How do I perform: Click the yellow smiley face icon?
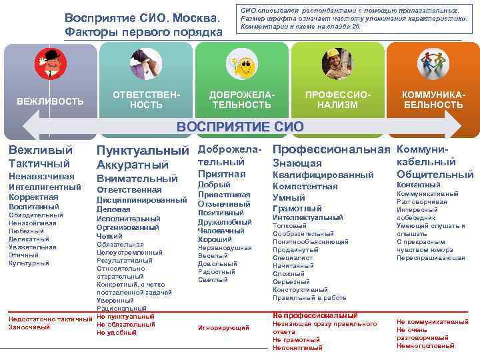241,65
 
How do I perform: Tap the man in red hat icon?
51,64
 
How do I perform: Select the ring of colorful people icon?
433,63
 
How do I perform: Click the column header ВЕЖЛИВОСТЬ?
50,101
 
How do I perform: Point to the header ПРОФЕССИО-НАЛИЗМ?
337,100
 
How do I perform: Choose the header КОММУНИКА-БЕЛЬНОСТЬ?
433,100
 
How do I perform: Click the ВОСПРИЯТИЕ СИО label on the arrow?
239,127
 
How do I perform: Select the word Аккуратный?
133,165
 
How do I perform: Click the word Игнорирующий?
223,327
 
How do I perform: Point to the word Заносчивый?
29,327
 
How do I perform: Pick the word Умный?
289,197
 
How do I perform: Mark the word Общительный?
435,174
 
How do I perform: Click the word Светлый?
213,280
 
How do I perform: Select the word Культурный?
29,263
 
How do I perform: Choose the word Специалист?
293,258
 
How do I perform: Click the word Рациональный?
121,309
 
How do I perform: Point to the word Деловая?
113,209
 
